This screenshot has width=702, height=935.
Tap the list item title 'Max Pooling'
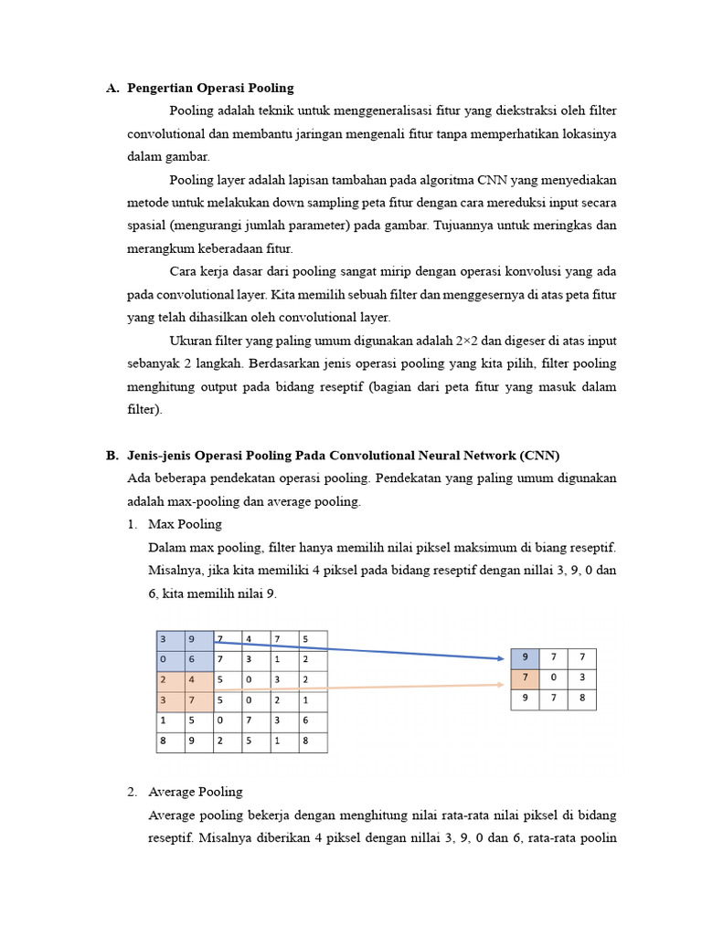click(185, 525)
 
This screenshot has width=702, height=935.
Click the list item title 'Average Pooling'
click(195, 792)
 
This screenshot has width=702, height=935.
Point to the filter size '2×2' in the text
click(472, 341)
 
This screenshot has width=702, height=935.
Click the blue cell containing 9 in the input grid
click(199, 639)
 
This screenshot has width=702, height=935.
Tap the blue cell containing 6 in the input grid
click(199, 659)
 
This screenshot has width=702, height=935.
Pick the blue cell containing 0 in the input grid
click(171, 659)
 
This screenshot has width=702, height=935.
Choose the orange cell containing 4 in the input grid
click(199, 680)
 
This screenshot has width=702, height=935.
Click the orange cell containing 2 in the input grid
click(171, 680)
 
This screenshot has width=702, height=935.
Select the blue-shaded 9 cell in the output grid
click(525, 657)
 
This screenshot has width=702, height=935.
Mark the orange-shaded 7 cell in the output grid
click(525, 678)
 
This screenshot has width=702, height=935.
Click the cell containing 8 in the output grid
click(581, 699)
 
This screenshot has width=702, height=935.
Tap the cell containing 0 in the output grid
click(553, 678)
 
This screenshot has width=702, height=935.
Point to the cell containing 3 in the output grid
click(581, 678)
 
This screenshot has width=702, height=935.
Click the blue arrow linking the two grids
click(366, 649)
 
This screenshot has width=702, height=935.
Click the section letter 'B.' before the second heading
click(112, 456)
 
